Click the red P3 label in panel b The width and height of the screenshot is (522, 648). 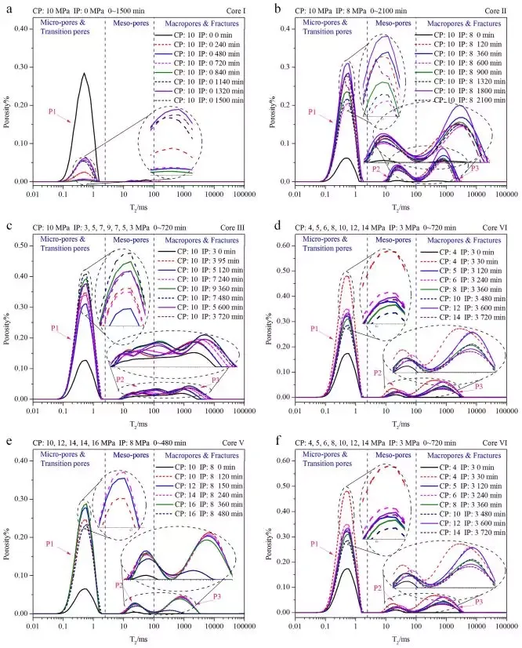475,167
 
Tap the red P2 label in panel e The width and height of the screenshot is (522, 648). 118,584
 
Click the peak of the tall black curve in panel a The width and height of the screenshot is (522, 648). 85,74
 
